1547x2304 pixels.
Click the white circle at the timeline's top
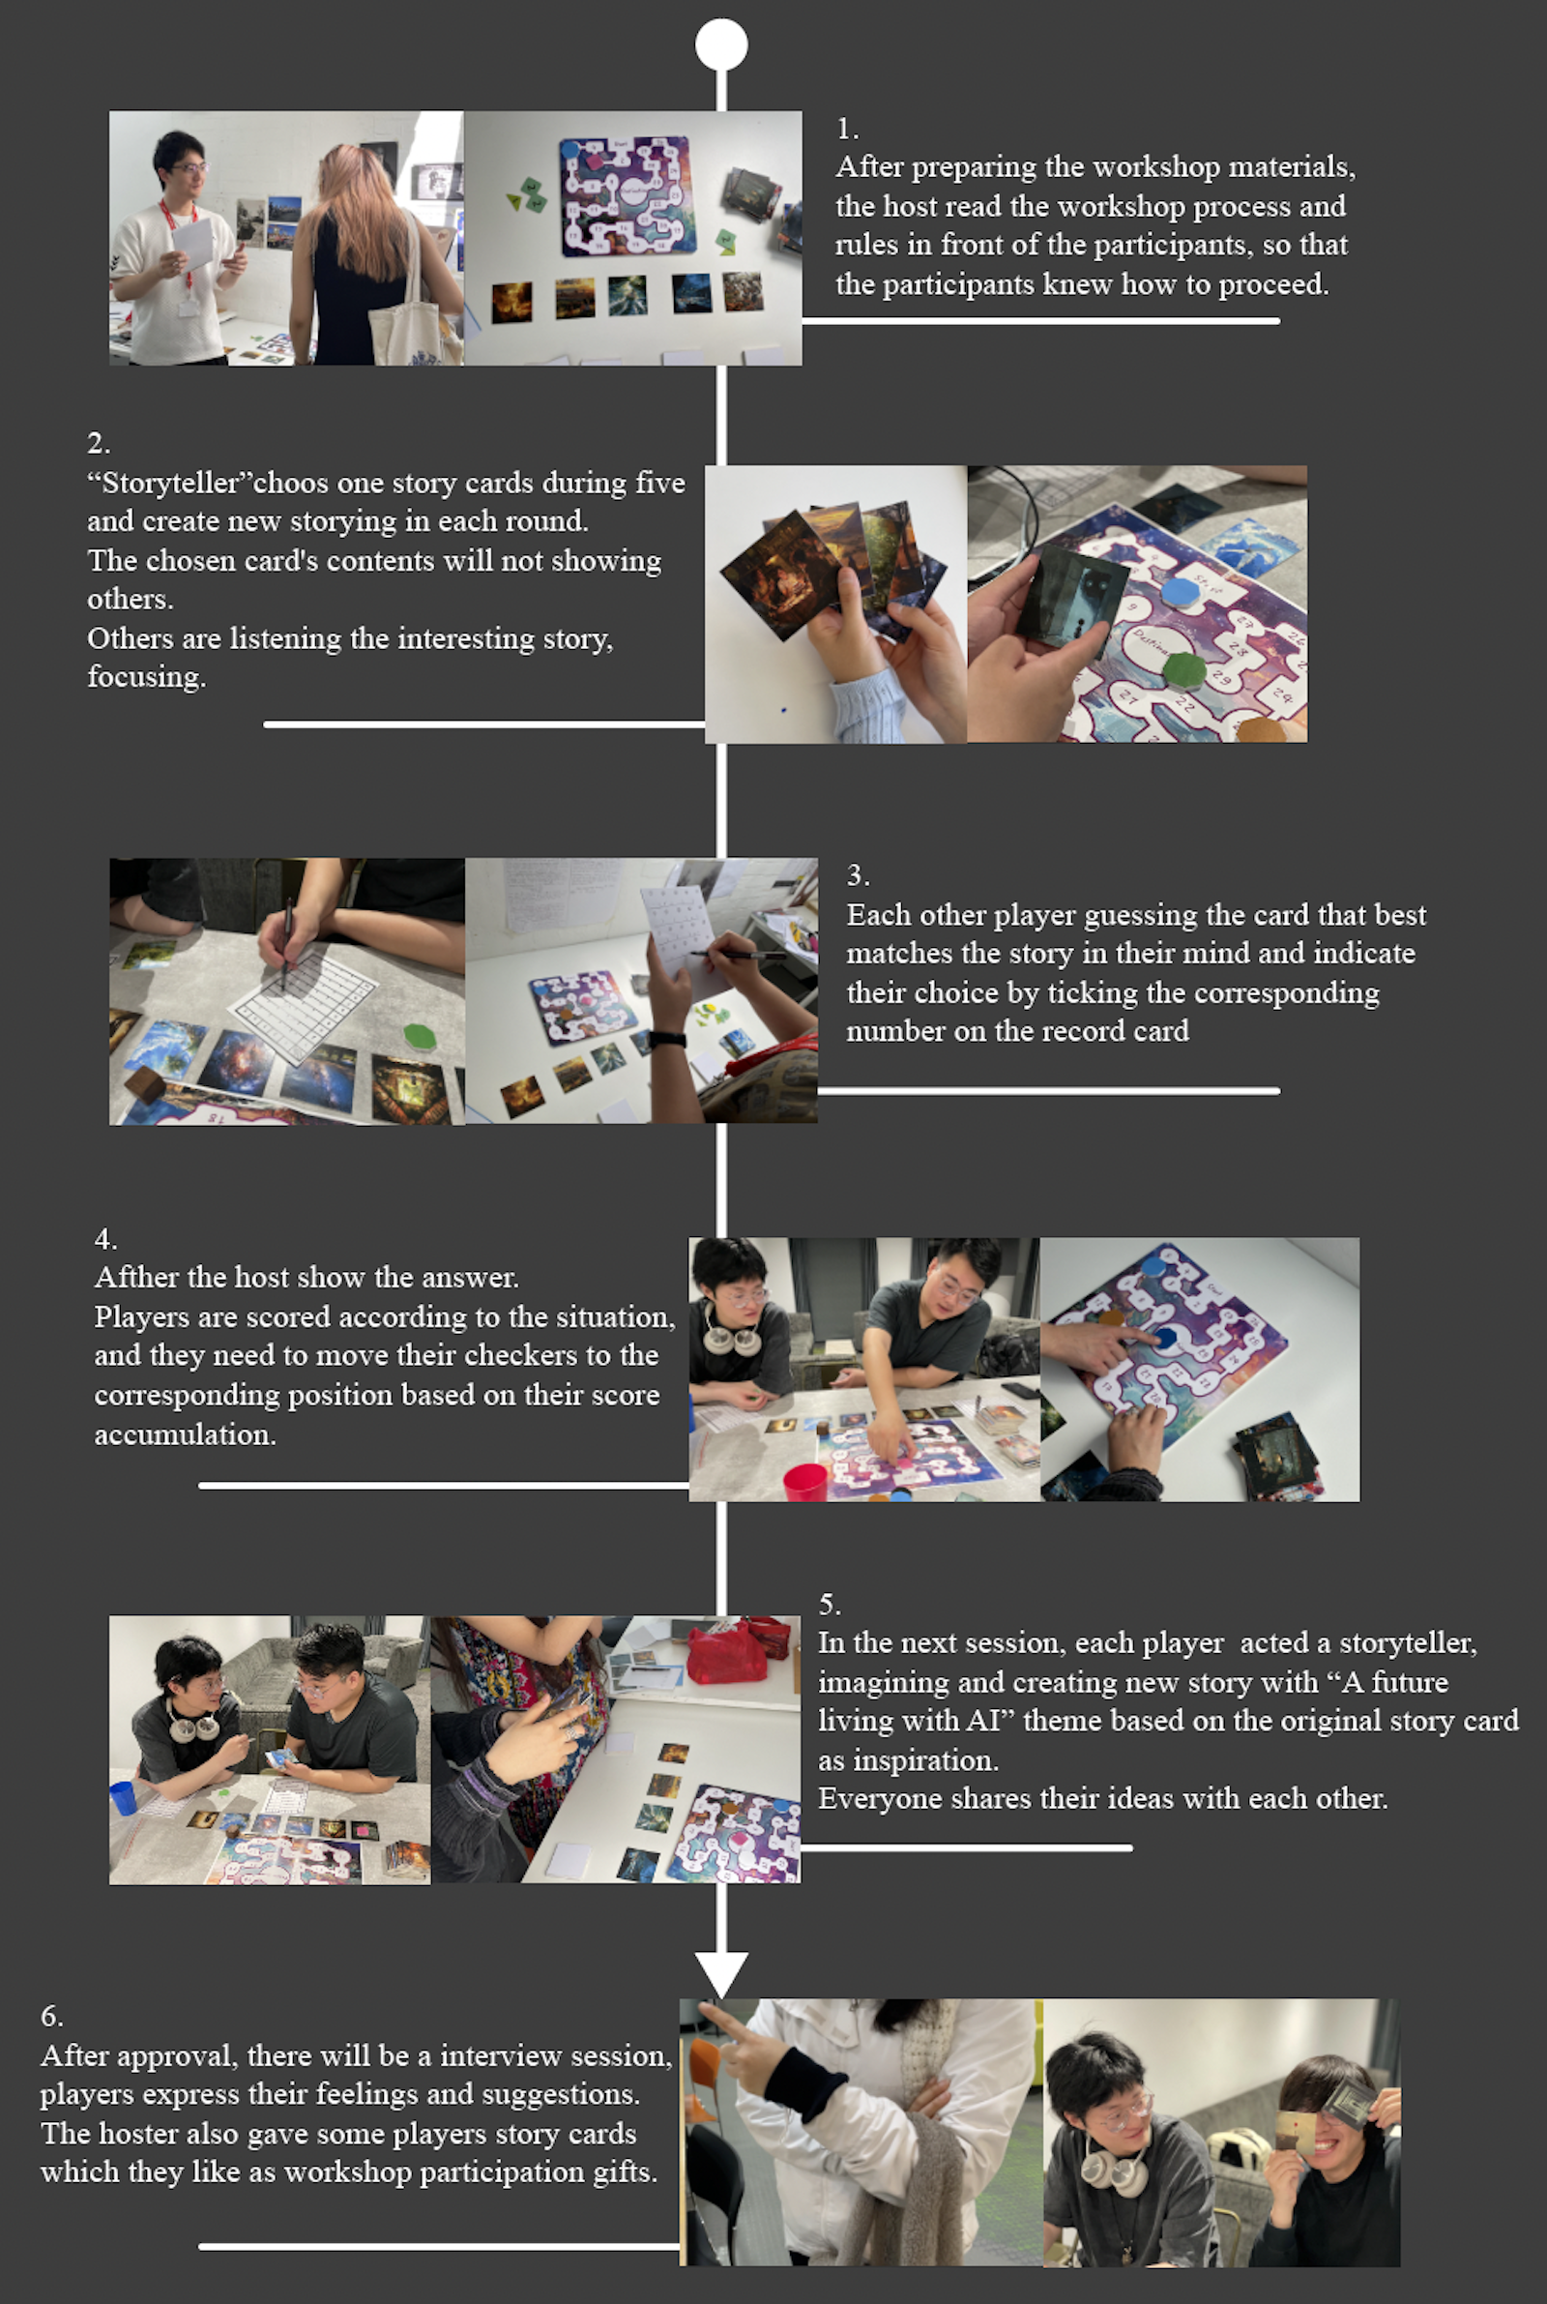(x=721, y=44)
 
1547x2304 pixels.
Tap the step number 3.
(x=858, y=874)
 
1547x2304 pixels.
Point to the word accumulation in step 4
(x=185, y=1433)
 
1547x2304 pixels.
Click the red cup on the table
(x=805, y=1481)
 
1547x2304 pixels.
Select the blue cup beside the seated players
(x=123, y=1798)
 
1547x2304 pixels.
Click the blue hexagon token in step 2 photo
(x=1177, y=592)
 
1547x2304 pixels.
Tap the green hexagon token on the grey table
(x=421, y=1036)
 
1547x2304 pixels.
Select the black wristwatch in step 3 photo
(x=668, y=1039)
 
